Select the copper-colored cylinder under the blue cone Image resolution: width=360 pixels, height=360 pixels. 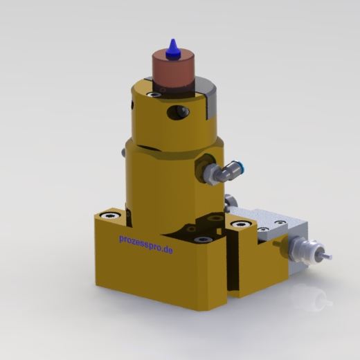(x=173, y=72)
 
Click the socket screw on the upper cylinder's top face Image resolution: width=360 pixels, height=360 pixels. (x=154, y=95)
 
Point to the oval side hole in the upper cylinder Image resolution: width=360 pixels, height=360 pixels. (x=178, y=112)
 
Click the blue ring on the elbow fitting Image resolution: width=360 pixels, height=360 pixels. (x=240, y=166)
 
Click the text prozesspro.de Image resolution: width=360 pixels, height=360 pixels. (x=146, y=244)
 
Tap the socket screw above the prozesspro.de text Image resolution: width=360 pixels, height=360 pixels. (x=110, y=215)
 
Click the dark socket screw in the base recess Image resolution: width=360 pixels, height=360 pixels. (x=202, y=240)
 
